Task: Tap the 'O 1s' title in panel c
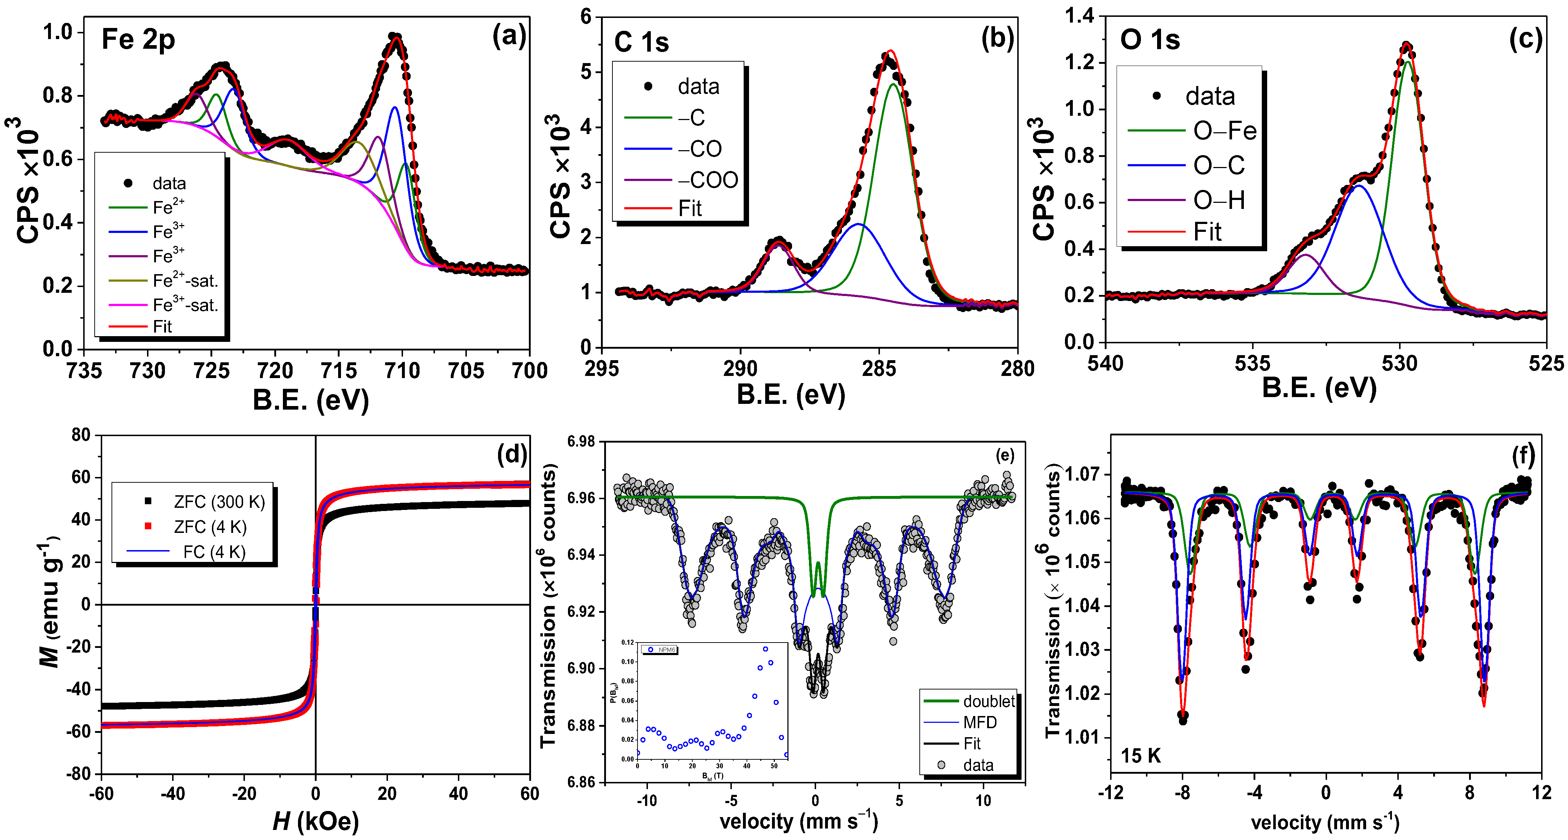click(x=1150, y=40)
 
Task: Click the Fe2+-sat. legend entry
click(x=184, y=280)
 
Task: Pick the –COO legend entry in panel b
click(x=708, y=180)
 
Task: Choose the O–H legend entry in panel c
click(x=1219, y=200)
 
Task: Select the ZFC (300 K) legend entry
click(x=219, y=502)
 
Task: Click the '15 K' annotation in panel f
click(x=1140, y=756)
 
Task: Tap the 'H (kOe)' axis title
click(x=315, y=821)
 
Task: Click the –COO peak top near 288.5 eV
click(x=778, y=243)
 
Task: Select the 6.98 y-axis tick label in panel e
click(x=581, y=442)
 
